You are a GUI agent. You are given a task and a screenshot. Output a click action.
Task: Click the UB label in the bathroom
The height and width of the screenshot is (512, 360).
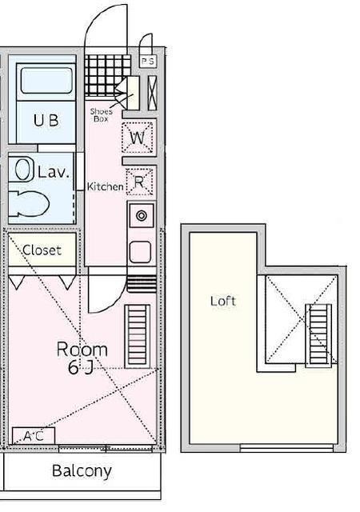[x=46, y=120]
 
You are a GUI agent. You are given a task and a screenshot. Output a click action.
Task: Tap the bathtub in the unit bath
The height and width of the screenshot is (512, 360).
[x=46, y=80]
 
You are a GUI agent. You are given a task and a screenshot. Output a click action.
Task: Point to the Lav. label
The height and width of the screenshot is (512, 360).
[x=54, y=172]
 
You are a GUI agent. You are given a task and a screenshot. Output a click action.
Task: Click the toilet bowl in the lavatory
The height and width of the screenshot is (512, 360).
[x=29, y=203]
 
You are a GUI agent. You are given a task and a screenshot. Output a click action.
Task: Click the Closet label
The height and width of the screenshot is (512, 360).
[x=42, y=250]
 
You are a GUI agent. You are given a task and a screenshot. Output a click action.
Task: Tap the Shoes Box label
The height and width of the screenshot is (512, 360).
[x=102, y=115]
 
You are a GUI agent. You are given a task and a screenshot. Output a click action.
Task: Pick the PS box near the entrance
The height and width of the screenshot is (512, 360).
[x=148, y=61]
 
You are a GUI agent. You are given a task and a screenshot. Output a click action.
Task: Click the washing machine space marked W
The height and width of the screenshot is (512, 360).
[x=138, y=138]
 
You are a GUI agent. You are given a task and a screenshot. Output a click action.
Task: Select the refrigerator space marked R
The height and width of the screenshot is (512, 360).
[x=139, y=182]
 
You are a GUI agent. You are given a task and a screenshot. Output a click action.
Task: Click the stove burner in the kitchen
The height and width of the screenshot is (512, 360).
[x=142, y=215]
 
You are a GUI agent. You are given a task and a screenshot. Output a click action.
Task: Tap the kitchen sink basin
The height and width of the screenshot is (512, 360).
[x=141, y=252]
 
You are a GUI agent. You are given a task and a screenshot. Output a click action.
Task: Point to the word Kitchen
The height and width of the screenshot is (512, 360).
[x=105, y=186]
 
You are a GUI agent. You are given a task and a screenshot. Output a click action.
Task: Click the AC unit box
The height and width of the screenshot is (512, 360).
[x=34, y=435]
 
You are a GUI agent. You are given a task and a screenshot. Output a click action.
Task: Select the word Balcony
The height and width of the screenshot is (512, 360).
[x=82, y=471]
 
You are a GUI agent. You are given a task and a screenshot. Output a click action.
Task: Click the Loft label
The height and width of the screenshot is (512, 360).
[x=222, y=301]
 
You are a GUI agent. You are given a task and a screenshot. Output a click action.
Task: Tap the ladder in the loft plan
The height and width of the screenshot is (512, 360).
[x=318, y=334]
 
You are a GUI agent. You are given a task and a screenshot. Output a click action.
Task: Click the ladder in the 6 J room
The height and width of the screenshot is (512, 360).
[x=138, y=336]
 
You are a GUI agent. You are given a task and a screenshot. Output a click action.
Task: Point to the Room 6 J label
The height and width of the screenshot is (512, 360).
[x=82, y=358]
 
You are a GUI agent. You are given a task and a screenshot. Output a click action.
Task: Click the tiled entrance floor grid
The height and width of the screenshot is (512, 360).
[x=107, y=74]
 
